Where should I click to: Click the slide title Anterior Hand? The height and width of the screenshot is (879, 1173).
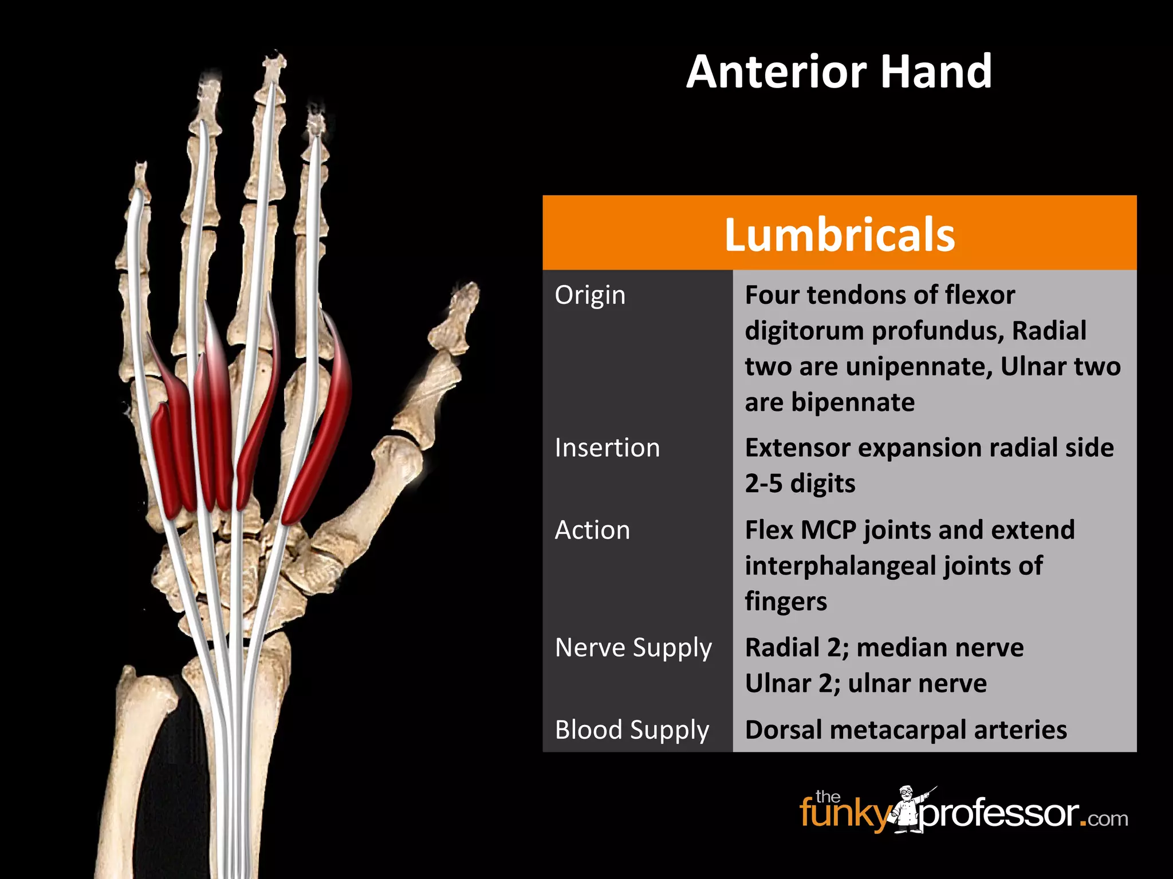839,72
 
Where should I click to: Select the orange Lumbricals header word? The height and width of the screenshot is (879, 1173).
839,235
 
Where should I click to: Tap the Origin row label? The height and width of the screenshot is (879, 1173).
590,295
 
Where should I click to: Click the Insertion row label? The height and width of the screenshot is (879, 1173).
607,448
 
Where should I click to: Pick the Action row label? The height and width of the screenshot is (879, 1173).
592,530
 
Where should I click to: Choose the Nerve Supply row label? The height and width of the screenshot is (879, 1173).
633,648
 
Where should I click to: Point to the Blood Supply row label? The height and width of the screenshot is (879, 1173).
632,730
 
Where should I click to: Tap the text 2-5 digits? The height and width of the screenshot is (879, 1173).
800,484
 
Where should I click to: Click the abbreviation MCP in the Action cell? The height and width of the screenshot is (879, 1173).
828,530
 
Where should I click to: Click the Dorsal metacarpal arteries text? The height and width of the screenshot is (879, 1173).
906,730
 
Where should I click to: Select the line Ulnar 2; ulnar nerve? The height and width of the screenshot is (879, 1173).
865,684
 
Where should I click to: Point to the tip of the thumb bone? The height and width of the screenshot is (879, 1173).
467,289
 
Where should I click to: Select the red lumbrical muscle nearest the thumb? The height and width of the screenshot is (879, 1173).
321,423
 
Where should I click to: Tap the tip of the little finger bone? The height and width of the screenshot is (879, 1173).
140,169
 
